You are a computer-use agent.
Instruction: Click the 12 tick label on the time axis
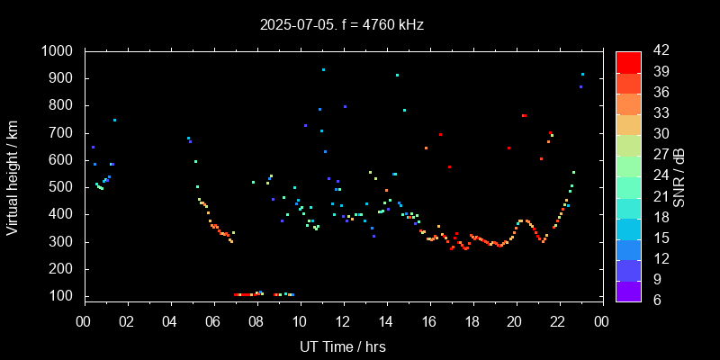(x=343, y=321)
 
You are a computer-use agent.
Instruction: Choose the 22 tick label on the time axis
(x=559, y=321)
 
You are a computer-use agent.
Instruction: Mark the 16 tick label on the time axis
(x=429, y=321)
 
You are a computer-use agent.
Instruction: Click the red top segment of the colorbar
(x=628, y=61)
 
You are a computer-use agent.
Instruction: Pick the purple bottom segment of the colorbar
(x=628, y=290)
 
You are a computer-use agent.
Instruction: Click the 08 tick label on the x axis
(x=256, y=321)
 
